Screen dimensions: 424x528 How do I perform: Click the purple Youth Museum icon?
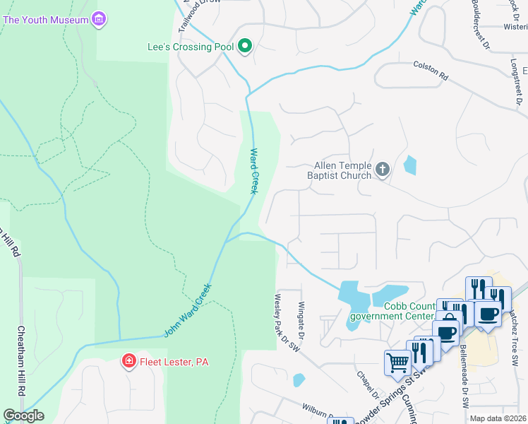point(99,20)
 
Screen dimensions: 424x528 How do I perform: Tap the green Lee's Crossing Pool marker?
point(245,47)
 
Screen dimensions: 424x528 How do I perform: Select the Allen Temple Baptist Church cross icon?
point(383,170)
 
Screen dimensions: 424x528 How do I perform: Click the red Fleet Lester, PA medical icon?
point(128,363)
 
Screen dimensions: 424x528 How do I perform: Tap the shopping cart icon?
point(397,363)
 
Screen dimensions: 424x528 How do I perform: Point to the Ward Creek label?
point(254,170)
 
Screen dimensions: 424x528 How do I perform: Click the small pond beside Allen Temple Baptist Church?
point(409,165)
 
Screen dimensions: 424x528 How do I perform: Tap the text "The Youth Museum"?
point(46,20)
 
